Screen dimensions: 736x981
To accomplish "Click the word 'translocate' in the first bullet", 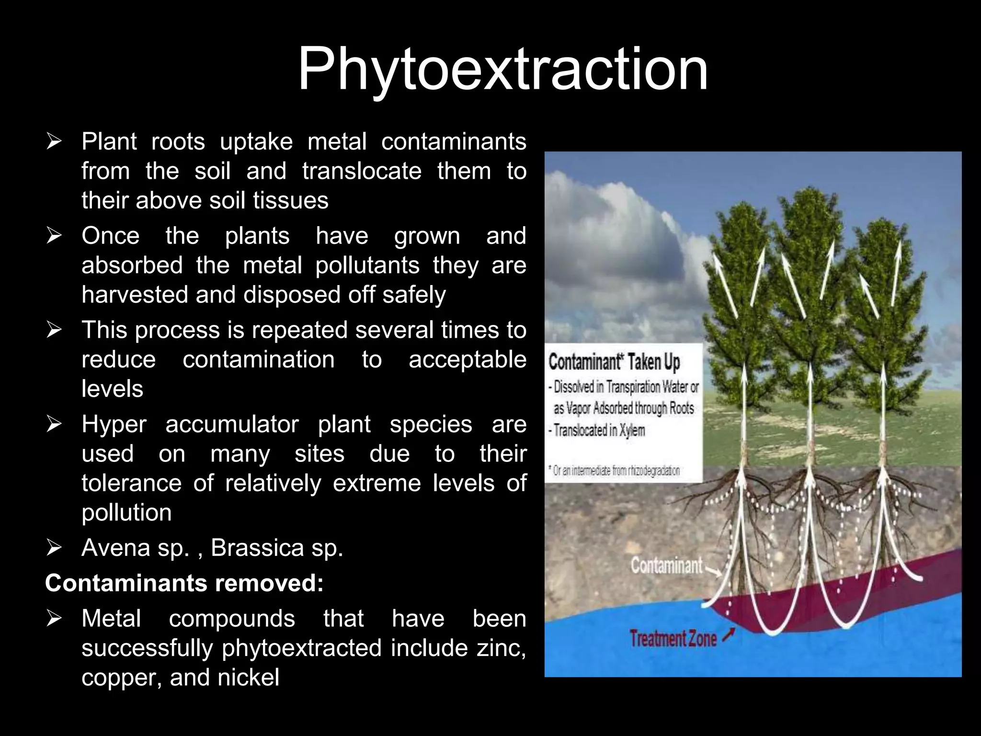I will pos(362,171).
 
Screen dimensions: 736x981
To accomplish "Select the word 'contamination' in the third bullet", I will pos(258,359).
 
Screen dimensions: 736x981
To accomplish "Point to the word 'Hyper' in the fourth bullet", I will pos(114,425).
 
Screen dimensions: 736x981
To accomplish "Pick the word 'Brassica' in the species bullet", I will pos(257,548).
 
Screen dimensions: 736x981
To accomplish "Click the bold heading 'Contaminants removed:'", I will pos(184,583).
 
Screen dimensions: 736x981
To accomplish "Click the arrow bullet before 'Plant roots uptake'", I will pos(54,142).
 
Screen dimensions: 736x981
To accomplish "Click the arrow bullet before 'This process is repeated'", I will pos(54,330).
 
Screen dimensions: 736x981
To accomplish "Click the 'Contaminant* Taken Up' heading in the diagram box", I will pos(614,362).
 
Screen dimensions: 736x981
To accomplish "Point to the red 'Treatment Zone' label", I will pos(673,639).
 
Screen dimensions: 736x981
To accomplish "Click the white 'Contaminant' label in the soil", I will pos(666,566).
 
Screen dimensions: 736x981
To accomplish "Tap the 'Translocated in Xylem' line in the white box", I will pos(599,430).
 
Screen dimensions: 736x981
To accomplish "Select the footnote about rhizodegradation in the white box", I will pos(616,471).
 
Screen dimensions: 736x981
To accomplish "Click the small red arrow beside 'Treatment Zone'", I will pos(728,635).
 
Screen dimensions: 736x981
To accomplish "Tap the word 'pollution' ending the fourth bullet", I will pos(126,513).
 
